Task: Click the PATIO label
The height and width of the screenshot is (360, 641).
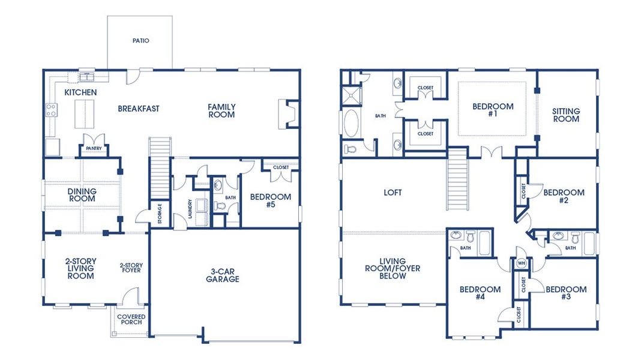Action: (140, 41)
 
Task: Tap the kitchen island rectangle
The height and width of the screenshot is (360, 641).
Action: (84, 114)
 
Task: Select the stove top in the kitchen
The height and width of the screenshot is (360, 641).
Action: (52, 110)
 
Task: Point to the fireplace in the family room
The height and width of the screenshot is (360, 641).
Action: (286, 113)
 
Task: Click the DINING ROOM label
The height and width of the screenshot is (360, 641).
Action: (82, 195)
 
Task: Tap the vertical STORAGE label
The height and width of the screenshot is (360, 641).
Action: (160, 214)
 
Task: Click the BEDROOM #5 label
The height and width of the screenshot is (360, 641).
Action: (270, 200)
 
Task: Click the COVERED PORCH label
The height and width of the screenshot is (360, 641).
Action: (131, 320)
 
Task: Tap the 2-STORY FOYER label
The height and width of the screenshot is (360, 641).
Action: (130, 268)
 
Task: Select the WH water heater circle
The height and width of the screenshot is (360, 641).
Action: (520, 263)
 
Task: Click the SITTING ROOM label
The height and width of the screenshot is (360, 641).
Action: (566, 115)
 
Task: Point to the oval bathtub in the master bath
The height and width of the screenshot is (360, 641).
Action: (350, 122)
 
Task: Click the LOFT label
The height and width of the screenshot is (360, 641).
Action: (393, 193)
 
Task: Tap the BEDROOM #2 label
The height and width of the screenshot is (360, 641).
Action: (564, 197)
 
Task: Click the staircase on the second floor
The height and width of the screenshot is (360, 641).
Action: (457, 180)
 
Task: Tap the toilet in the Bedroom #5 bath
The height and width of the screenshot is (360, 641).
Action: (220, 206)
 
